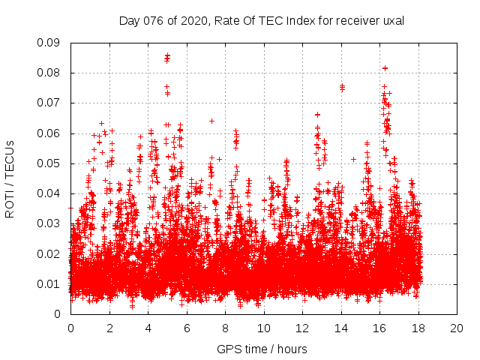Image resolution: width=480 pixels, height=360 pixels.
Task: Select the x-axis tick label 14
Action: [x=341, y=328]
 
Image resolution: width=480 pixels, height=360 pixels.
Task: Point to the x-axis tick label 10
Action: [x=264, y=328]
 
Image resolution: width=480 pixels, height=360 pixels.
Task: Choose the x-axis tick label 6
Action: [x=187, y=328]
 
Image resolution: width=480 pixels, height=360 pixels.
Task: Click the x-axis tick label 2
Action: [x=109, y=328]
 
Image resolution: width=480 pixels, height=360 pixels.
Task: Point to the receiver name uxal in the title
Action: [x=393, y=20]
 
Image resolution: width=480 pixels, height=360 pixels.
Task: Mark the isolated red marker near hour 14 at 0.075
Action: [x=342, y=87]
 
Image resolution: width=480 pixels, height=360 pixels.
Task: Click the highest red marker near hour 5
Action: [x=167, y=55]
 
